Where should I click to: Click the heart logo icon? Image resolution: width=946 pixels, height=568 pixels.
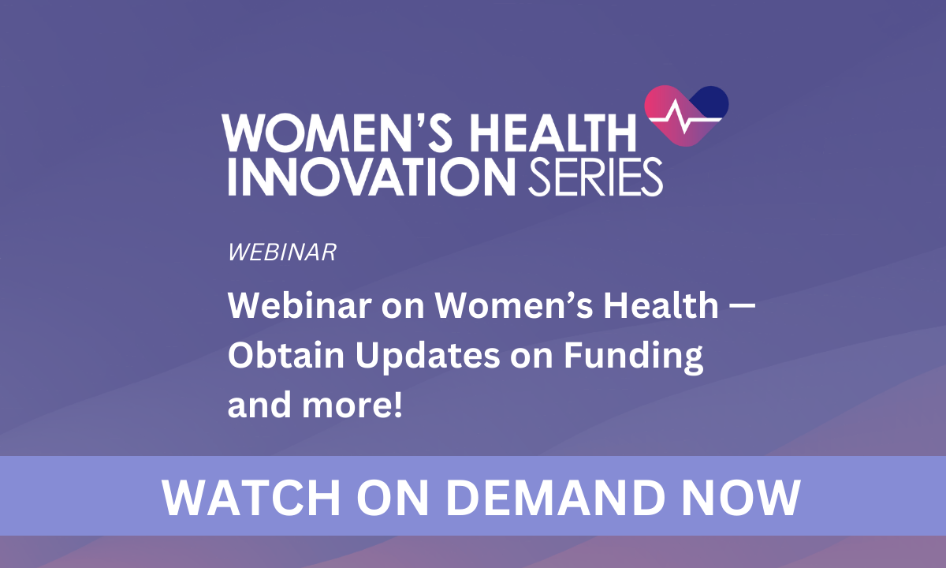click(x=687, y=116)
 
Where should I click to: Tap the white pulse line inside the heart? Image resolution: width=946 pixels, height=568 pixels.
click(x=685, y=118)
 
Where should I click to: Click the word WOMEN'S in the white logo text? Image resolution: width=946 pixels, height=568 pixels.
click(x=337, y=132)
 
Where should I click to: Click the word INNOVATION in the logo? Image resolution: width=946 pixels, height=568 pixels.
click(x=371, y=177)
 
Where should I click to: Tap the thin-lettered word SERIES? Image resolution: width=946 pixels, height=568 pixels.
click(x=595, y=177)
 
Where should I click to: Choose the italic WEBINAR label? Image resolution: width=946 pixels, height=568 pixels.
click(x=282, y=252)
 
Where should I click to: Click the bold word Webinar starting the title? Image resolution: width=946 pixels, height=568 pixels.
click(x=300, y=305)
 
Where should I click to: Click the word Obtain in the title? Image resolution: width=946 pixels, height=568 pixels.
click(x=286, y=355)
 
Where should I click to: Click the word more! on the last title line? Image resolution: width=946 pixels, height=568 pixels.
click(x=352, y=405)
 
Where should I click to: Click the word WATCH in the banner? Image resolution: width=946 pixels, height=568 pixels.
click(x=251, y=498)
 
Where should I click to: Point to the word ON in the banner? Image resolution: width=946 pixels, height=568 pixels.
click(x=393, y=498)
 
